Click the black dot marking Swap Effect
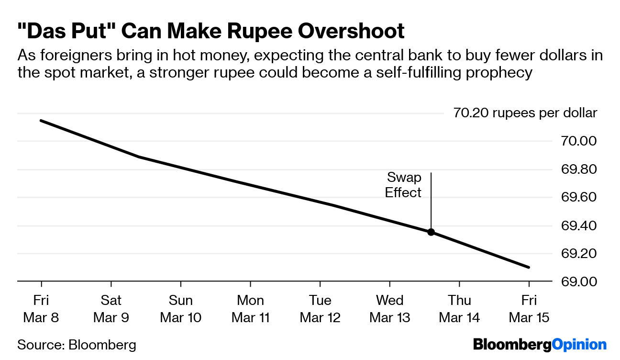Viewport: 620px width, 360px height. point(431,232)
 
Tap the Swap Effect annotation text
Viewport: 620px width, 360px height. point(404,185)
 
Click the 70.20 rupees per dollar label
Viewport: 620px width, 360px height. point(525,113)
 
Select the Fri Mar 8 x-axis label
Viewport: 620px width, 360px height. point(42,309)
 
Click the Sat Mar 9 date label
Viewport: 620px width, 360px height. point(111,309)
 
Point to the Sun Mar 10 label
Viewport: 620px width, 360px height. point(181,309)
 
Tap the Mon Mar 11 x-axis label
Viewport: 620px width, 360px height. point(251,309)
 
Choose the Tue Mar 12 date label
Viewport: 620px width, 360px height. point(320,309)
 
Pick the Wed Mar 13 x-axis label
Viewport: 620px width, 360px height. point(390,309)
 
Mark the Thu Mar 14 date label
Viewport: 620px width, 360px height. point(459,309)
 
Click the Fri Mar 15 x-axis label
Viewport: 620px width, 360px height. point(529,309)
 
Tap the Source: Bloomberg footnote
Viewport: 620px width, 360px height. point(77,345)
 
